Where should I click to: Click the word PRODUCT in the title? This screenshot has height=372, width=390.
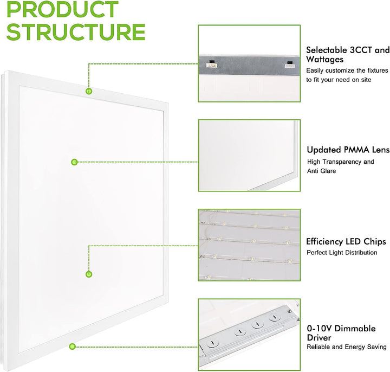pos(62,9)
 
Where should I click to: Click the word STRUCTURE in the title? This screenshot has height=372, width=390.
pos(76,32)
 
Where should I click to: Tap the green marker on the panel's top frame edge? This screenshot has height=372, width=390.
pos(89,91)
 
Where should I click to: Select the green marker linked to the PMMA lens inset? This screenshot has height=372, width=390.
pos(74,162)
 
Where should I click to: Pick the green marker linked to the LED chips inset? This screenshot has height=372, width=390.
pos(89,274)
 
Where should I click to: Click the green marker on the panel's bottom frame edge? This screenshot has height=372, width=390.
pos(73,347)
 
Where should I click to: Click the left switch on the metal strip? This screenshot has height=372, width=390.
pos(212,64)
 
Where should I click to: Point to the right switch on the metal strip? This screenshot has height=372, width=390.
pos(290,65)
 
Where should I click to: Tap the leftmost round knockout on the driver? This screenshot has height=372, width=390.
pos(212,343)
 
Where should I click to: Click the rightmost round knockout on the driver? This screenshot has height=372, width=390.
pos(274,317)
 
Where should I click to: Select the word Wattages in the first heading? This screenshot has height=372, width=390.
pos(324,60)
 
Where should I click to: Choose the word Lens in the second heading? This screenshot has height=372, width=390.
pos(381,150)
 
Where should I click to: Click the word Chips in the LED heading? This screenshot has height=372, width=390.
pos(375,242)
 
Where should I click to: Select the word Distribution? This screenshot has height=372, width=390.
pos(361,253)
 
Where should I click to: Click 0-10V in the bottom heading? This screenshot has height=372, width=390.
pos(320,329)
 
